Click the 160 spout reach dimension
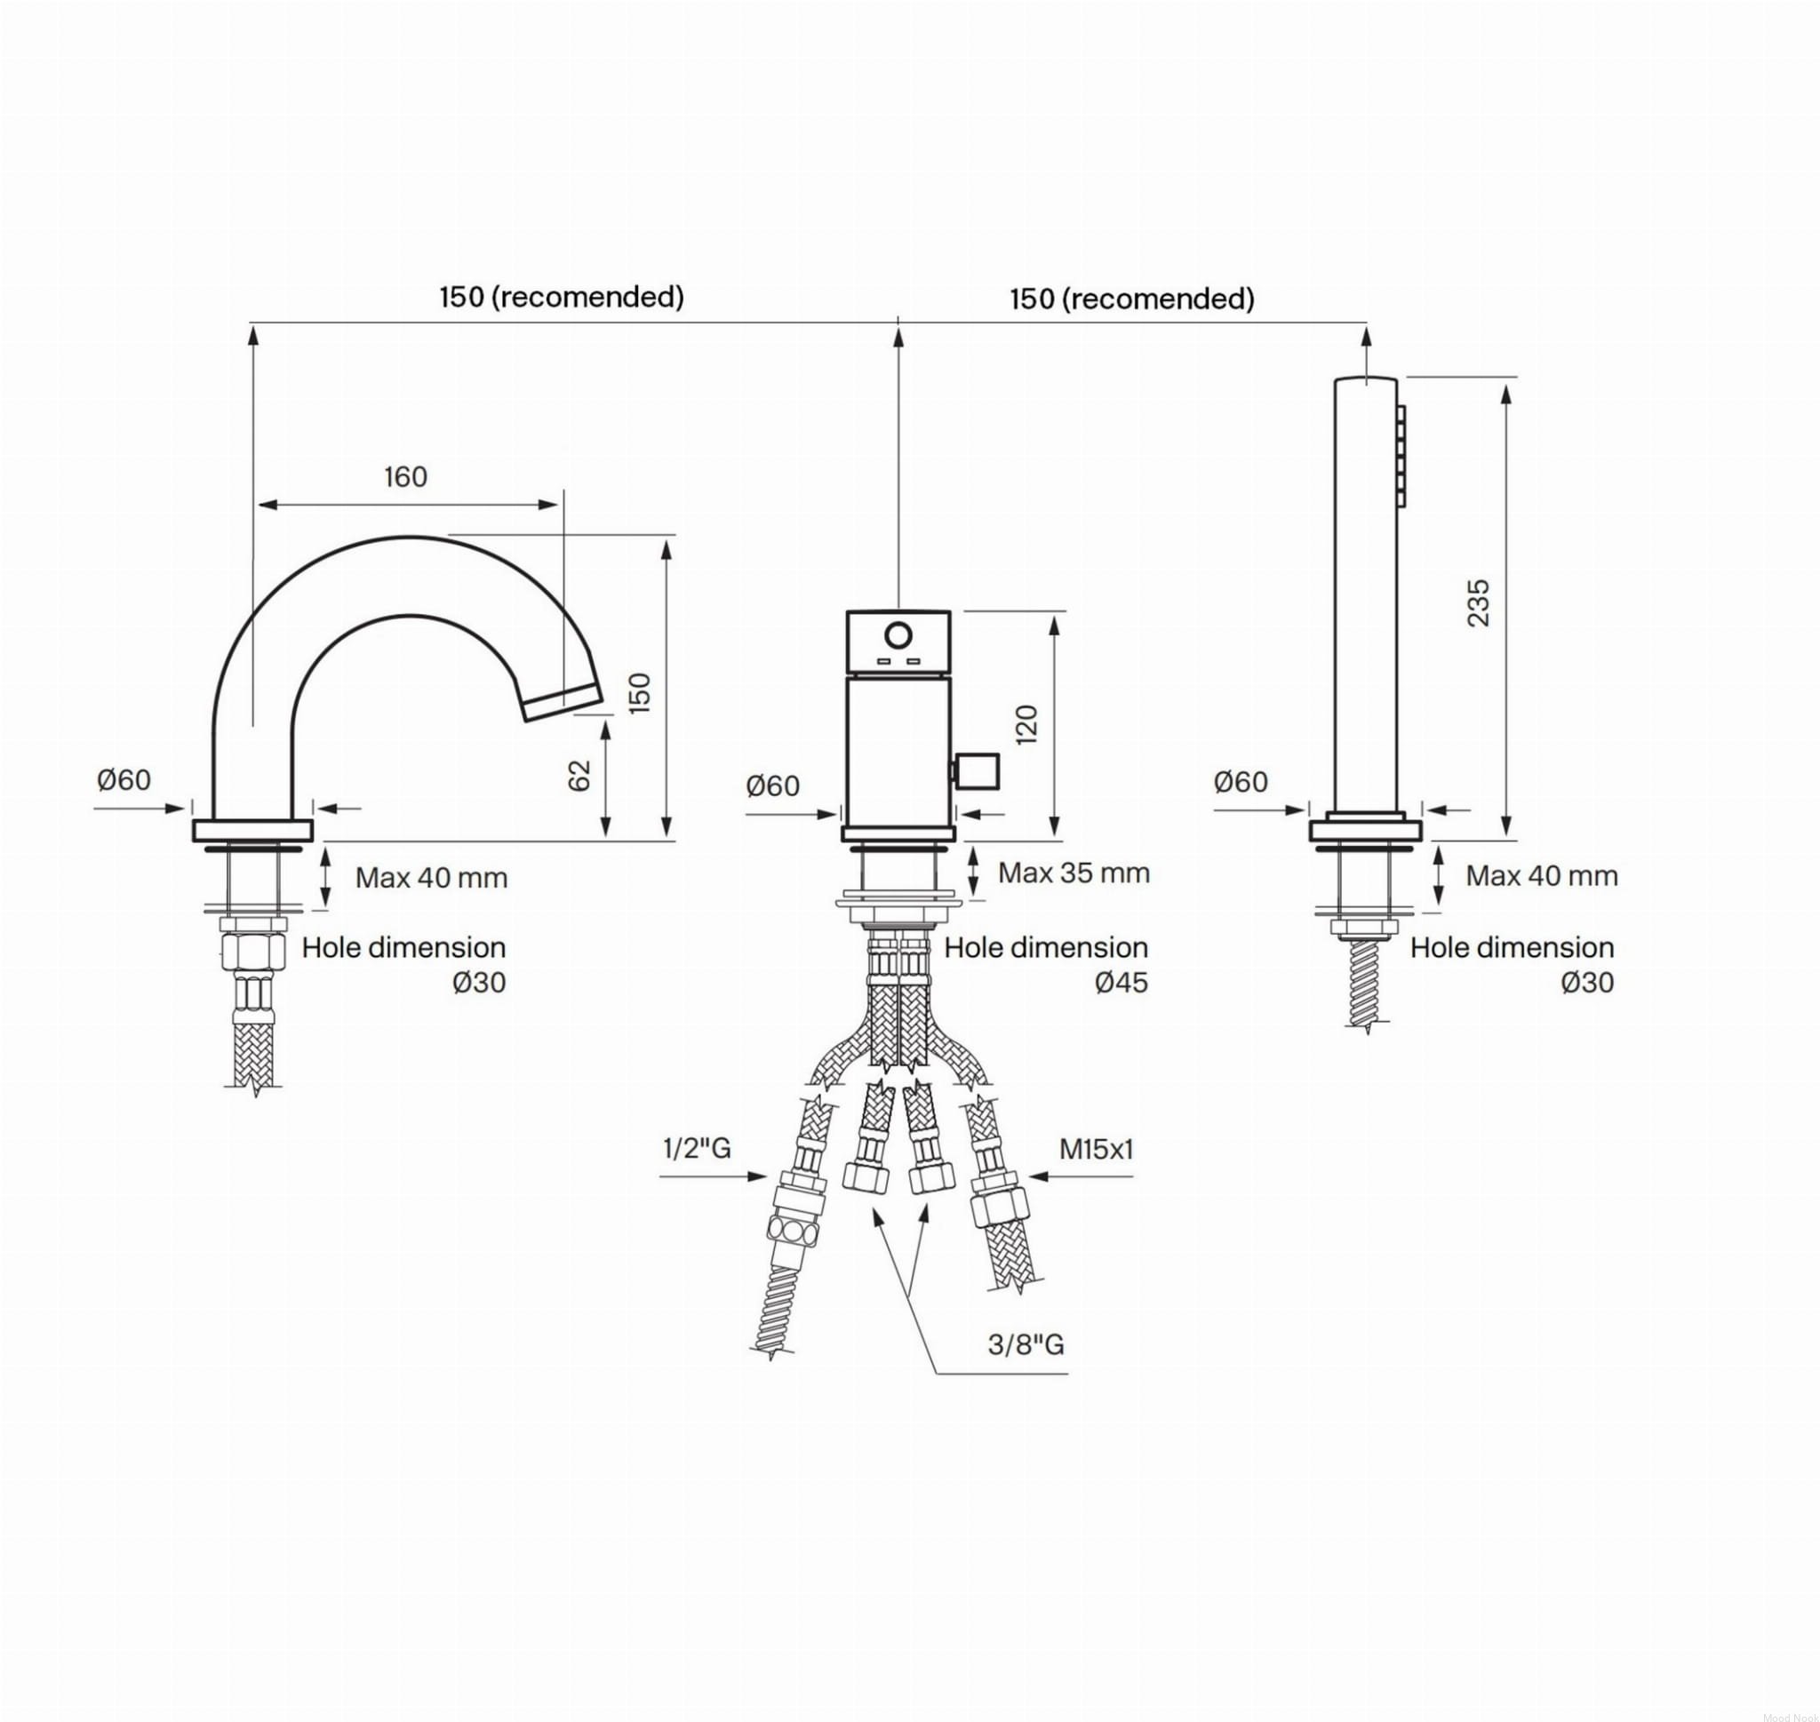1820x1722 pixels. [405, 476]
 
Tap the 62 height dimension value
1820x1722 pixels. [579, 776]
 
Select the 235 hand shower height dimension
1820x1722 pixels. [1479, 603]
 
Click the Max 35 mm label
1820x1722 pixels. [1074, 872]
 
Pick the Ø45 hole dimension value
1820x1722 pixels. [1122, 982]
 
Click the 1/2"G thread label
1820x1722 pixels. [697, 1147]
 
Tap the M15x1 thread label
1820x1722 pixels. [1097, 1147]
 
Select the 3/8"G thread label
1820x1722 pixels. [1026, 1344]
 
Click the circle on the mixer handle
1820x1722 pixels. [898, 635]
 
